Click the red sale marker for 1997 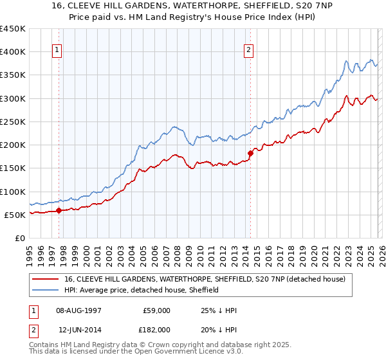pos(59,210)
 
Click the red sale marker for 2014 pos(250,153)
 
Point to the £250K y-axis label pos(12,122)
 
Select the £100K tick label pos(12,192)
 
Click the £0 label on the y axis pos(19,238)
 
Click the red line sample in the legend pos(46,279)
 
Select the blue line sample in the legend pos(46,290)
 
